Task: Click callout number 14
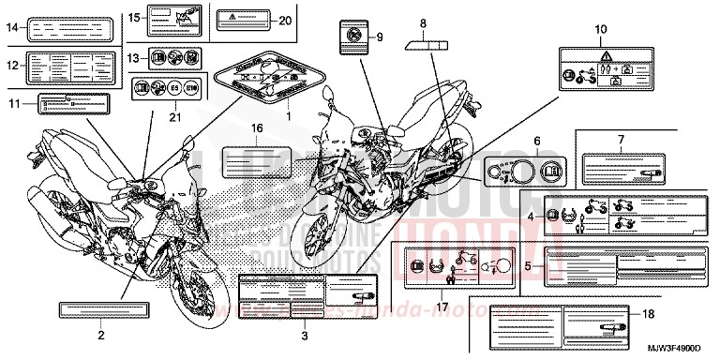click(12, 28)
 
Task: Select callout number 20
click(285, 20)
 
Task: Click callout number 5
click(529, 266)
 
